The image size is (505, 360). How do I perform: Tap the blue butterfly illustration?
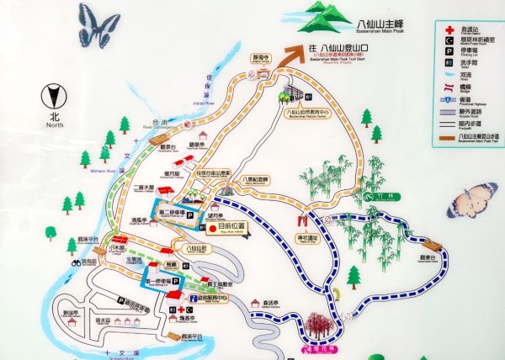[98, 24]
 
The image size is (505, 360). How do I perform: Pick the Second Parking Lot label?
[173, 211]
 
